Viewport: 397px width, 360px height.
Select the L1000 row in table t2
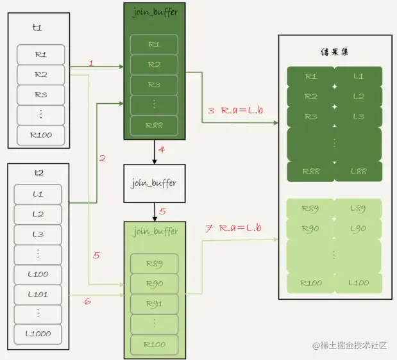point(38,334)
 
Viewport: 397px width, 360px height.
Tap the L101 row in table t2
point(38,295)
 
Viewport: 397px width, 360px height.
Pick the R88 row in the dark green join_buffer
point(154,126)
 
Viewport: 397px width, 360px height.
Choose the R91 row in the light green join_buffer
point(154,304)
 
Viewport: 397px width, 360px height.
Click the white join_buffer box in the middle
point(154,183)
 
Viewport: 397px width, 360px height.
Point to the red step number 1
point(91,63)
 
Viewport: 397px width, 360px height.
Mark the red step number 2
point(102,158)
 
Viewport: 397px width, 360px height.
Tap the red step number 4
point(162,151)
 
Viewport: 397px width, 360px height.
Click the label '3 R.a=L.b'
point(235,110)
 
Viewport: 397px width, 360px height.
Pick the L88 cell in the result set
point(359,172)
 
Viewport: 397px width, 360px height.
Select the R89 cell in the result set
point(310,209)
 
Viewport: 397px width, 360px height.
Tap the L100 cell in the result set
point(359,282)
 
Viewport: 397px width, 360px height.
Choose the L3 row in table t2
point(38,234)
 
